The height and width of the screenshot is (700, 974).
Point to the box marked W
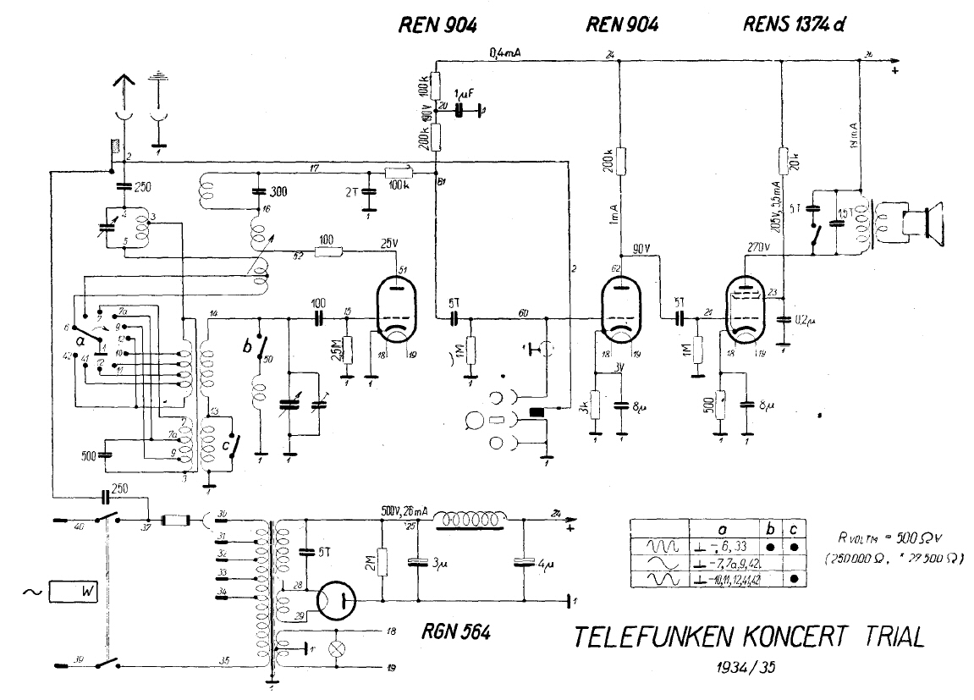click(74, 592)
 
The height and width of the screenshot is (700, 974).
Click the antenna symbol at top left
click(124, 87)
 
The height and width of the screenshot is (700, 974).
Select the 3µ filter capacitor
click(414, 561)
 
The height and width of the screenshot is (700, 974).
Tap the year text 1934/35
click(744, 666)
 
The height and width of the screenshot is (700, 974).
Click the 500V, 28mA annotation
click(404, 513)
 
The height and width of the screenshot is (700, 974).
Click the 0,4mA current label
click(504, 54)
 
